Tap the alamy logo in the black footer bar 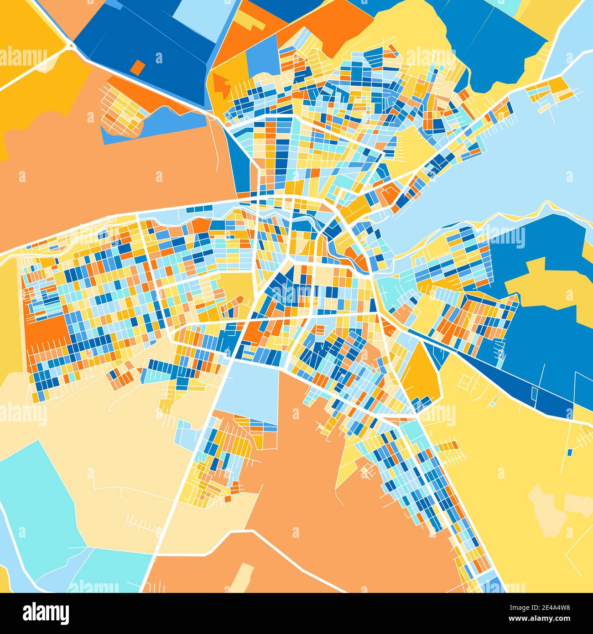click(46, 613)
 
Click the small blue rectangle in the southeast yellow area click(570, 452)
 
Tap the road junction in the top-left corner click(70, 46)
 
